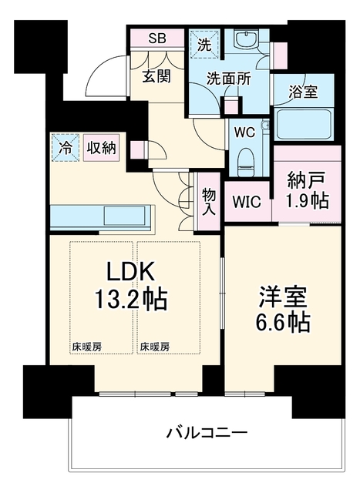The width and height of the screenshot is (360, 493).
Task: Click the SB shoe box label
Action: tap(157, 39)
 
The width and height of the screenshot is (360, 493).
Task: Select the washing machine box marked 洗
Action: tap(204, 45)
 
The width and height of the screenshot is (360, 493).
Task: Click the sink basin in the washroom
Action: tap(247, 39)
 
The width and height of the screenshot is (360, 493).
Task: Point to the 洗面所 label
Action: tap(228, 79)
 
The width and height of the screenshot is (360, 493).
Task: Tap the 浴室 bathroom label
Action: tap(303, 91)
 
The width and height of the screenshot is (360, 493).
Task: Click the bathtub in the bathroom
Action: tap(304, 123)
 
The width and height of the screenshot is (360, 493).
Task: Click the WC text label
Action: tap(244, 132)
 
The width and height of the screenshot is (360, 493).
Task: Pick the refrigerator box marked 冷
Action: tap(66, 147)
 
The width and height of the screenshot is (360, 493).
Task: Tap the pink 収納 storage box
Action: tap(101, 147)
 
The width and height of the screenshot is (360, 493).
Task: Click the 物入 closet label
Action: tap(209, 202)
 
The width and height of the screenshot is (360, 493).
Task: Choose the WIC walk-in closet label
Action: tap(247, 202)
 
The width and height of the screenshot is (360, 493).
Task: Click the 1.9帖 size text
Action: tap(307, 200)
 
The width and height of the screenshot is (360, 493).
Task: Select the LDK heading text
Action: tap(131, 271)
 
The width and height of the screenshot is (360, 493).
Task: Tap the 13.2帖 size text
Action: tap(131, 300)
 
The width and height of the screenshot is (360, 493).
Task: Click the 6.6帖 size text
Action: tap(283, 322)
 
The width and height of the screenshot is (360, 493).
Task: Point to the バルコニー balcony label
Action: tap(207, 433)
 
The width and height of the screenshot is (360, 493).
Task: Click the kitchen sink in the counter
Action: tap(125, 216)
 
